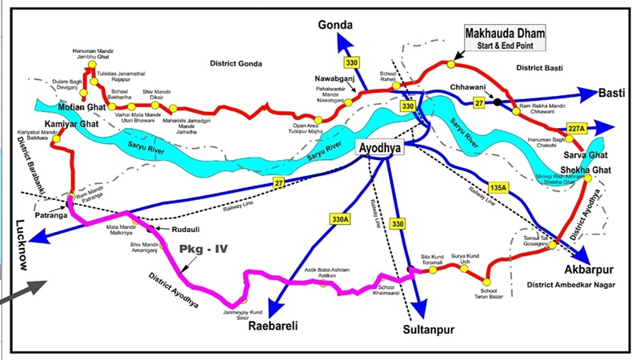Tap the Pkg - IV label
(205, 250)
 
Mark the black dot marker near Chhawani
(498, 102)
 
